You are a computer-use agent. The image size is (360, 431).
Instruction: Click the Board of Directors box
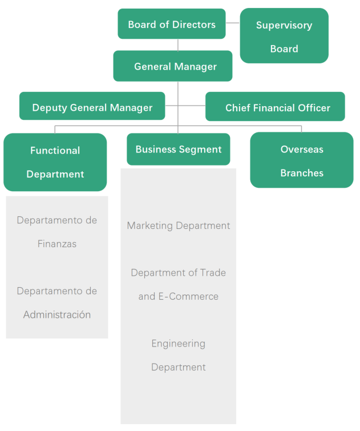tap(172, 24)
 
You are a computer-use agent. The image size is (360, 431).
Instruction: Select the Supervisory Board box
tap(284, 35)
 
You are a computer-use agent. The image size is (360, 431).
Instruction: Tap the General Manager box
tap(173, 66)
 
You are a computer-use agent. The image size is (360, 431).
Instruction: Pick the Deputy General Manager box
tap(92, 107)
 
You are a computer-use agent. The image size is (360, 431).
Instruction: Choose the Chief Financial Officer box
tap(275, 107)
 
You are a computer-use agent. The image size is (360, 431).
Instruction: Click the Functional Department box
tap(55, 162)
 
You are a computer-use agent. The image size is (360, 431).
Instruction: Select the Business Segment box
tap(178, 150)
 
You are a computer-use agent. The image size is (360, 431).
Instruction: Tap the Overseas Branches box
tap(302, 160)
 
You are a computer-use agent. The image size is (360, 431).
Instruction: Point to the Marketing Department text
tap(179, 225)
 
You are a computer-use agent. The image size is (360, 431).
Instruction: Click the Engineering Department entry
tap(179, 355)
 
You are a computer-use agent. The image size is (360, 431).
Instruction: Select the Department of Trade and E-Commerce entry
tap(179, 284)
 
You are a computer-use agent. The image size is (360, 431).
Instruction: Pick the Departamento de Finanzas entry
tap(57, 232)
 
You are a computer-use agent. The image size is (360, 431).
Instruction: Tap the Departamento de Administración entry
tap(57, 303)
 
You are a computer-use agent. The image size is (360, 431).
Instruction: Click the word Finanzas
tap(57, 244)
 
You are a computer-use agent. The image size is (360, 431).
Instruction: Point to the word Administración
tap(57, 315)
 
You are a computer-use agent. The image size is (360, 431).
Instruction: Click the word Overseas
tap(302, 150)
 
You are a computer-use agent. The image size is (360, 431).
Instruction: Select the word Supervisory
tap(284, 25)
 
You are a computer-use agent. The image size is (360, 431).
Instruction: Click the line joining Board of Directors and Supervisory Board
tap(233, 23)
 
